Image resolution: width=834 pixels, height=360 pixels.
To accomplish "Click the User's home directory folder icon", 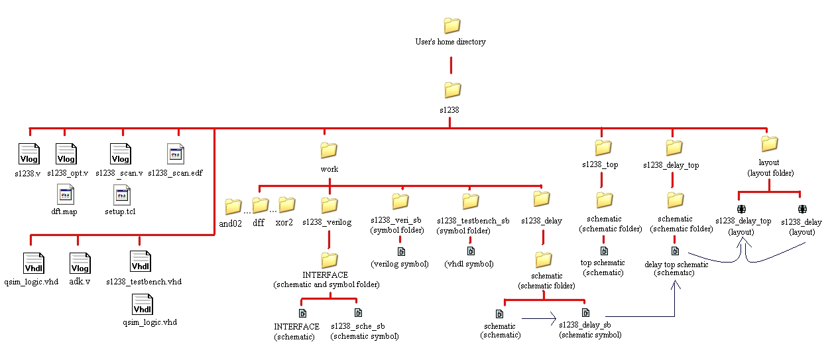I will (451, 26).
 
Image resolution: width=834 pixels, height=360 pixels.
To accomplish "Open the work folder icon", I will (329, 150).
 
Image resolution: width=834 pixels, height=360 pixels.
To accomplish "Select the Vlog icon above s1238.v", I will (29, 154).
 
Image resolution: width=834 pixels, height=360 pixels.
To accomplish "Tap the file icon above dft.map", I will (66, 195).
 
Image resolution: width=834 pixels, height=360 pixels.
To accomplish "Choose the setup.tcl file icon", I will (122, 195).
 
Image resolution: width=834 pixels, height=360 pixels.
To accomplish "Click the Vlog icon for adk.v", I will (80, 263).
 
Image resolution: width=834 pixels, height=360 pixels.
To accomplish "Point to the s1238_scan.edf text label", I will (175, 173).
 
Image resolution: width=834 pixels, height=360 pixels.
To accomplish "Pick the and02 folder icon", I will (233, 206).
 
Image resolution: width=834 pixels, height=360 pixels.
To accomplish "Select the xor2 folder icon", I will (286, 204).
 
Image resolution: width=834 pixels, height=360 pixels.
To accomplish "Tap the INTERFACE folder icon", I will (329, 259).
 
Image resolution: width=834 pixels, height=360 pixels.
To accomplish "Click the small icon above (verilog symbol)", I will (400, 252).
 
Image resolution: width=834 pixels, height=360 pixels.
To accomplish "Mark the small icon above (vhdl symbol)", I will (471, 252).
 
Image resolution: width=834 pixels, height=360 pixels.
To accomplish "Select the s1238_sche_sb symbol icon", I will (358, 313).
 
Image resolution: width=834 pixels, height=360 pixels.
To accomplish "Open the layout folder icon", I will (769, 143).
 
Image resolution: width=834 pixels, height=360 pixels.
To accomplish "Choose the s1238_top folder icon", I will (603, 147).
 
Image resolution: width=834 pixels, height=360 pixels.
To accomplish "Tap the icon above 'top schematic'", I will (604, 251).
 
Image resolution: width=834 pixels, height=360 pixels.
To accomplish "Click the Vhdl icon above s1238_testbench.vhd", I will (141, 261).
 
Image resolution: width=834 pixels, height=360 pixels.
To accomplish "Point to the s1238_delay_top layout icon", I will (741, 210).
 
